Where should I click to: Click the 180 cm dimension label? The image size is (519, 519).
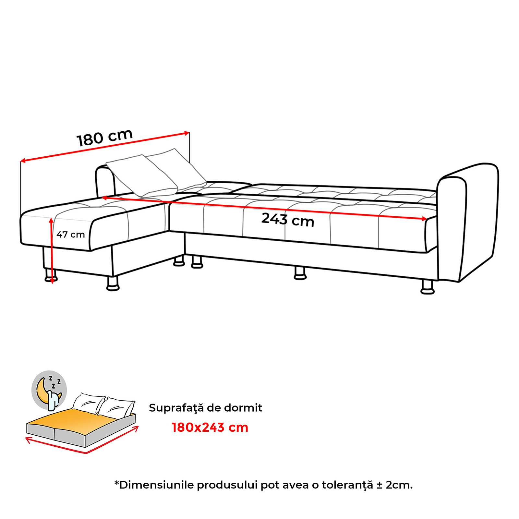pyautogui.click(x=104, y=138)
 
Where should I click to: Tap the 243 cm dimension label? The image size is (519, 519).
pyautogui.click(x=288, y=220)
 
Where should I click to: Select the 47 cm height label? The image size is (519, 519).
pyautogui.click(x=70, y=235)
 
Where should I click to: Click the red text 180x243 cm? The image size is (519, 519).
pyautogui.click(x=210, y=428)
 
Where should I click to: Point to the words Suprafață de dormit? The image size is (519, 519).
pyautogui.click(x=205, y=408)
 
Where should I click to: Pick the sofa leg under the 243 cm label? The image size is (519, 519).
pyautogui.click(x=300, y=273)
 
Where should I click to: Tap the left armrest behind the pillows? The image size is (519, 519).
pyautogui.click(x=104, y=182)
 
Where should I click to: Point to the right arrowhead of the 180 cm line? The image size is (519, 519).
pyautogui.click(x=187, y=133)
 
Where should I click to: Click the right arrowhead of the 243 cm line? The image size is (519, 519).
pyautogui.click(x=425, y=219)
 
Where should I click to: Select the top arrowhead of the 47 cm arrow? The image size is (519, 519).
pyautogui.click(x=51, y=221)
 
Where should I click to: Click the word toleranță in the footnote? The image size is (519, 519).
pyautogui.click(x=347, y=485)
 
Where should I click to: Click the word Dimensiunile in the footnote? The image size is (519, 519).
pyautogui.click(x=157, y=485)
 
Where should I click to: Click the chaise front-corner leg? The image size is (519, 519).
pyautogui.click(x=113, y=284)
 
